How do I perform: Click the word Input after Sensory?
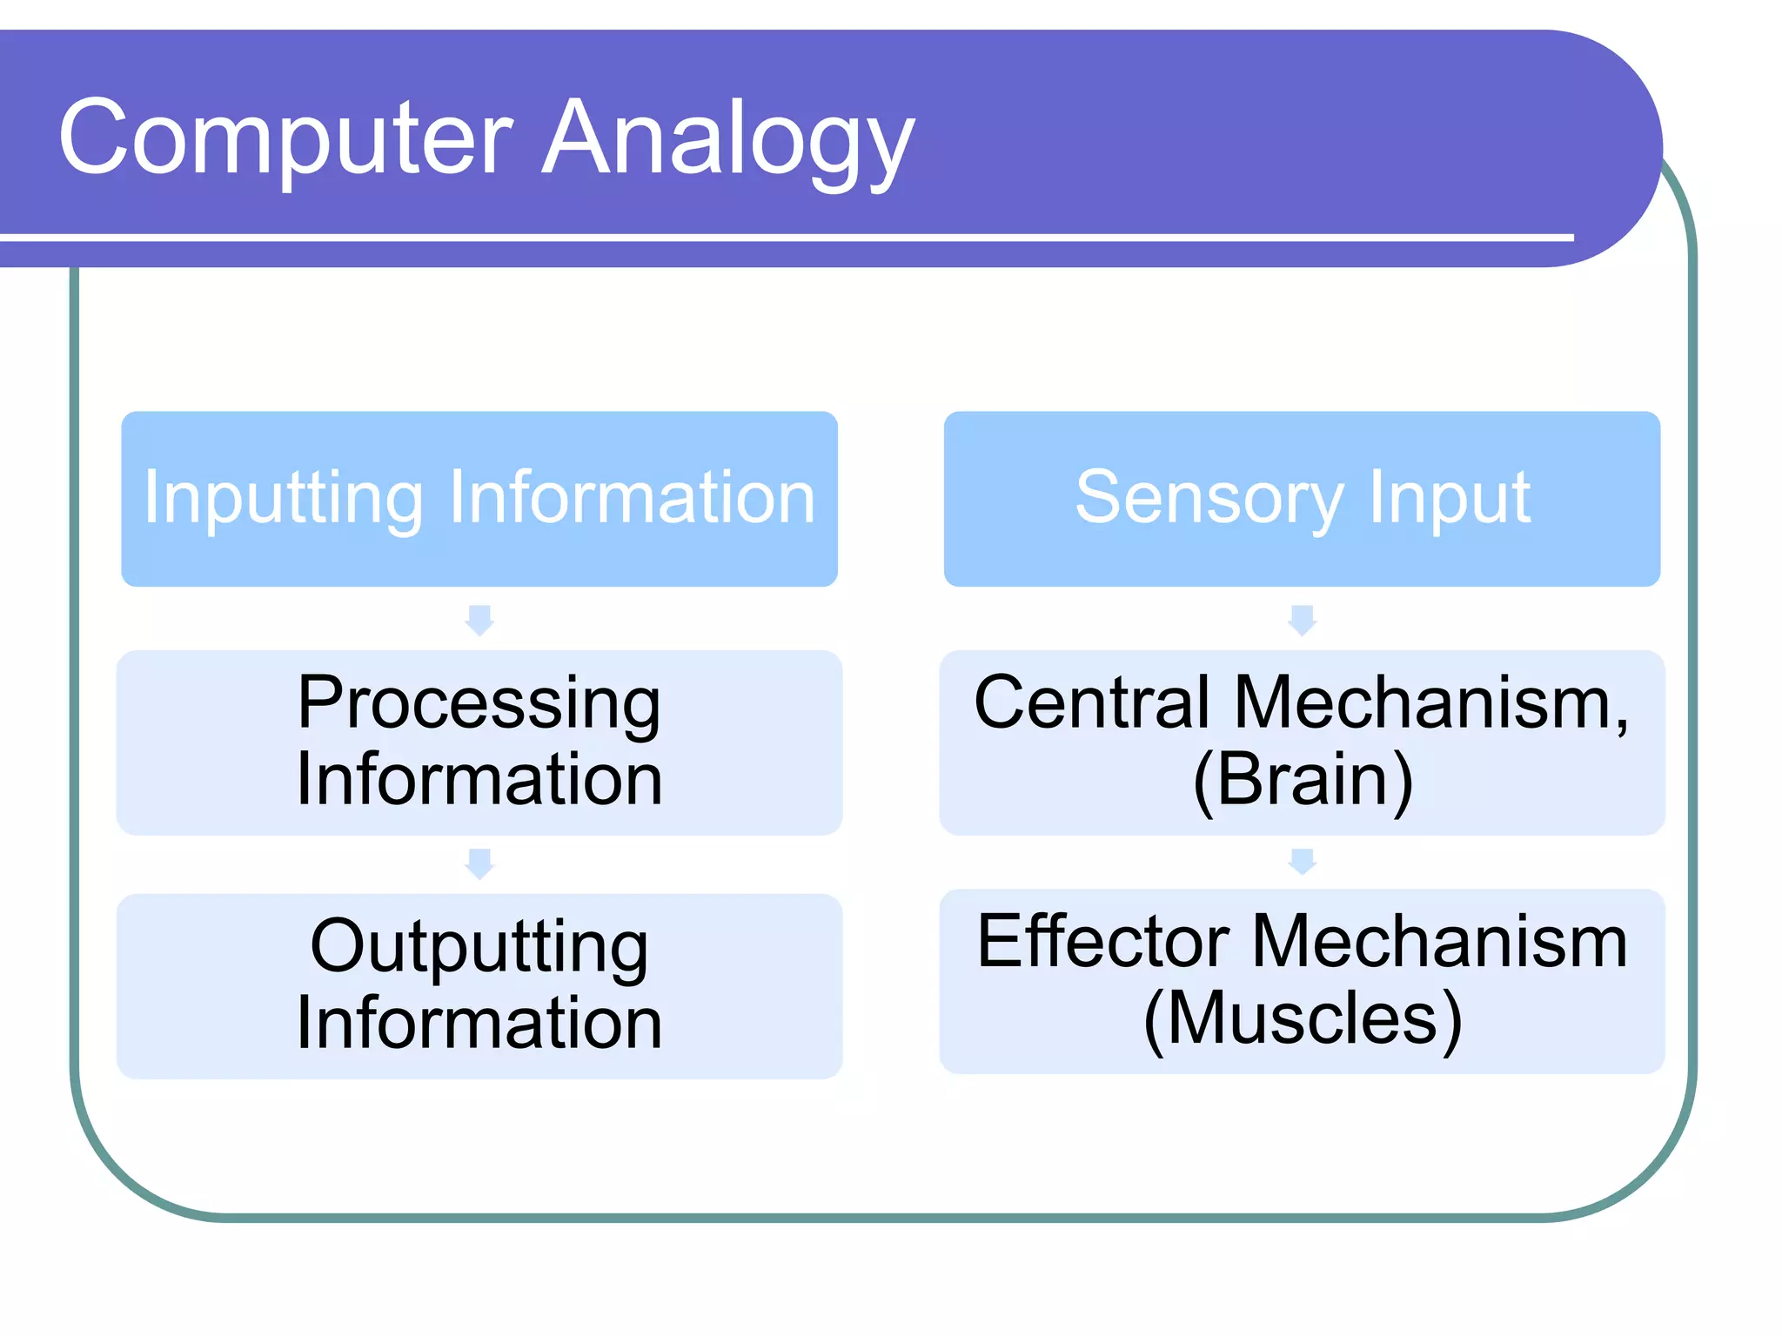pos(1449,499)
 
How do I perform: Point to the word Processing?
pos(479,703)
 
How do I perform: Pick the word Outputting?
pos(479,947)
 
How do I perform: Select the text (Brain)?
pos(1303,780)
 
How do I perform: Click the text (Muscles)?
pos(1303,1018)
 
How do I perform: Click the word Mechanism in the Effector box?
pos(1439,942)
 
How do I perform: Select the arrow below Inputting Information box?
pos(479,620)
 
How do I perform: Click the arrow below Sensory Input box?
pos(1302,620)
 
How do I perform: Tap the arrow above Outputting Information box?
pos(479,863)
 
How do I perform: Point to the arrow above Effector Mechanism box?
pos(1302,861)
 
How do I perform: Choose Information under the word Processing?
pos(479,780)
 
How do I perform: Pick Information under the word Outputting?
pos(479,1024)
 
